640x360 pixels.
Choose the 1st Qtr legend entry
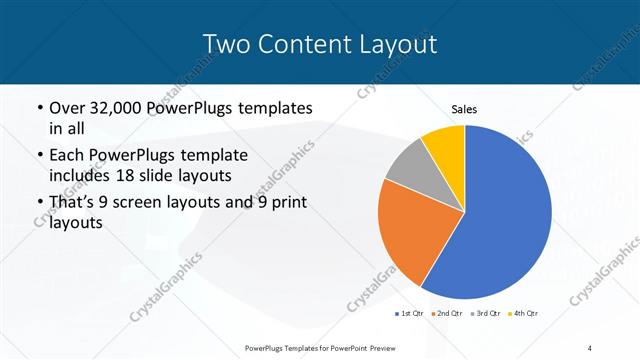pyautogui.click(x=410, y=314)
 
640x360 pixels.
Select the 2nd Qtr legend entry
pyautogui.click(x=446, y=314)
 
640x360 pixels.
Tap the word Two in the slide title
pyautogui.click(x=225, y=44)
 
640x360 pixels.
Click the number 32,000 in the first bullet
pyautogui.click(x=119, y=107)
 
